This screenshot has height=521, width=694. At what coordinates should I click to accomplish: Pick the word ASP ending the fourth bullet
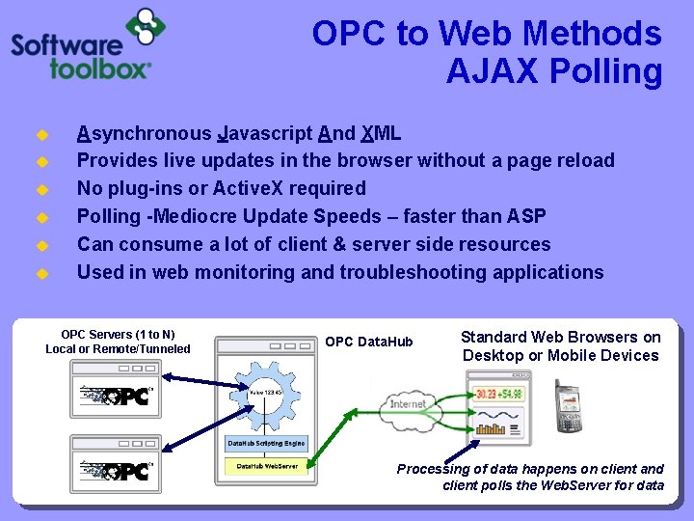(525, 216)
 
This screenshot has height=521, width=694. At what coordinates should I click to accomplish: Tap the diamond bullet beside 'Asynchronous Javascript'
(41, 134)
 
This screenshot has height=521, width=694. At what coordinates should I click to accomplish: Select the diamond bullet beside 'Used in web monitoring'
(41, 273)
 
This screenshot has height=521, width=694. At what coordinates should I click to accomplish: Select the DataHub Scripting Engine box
(266, 444)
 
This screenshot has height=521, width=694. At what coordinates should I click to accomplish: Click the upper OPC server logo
(117, 396)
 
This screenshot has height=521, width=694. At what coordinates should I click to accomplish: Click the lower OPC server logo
(117, 472)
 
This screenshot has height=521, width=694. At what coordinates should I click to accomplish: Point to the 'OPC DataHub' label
(369, 342)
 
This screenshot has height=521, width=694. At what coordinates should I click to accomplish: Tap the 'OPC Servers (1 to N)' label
(118, 335)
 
